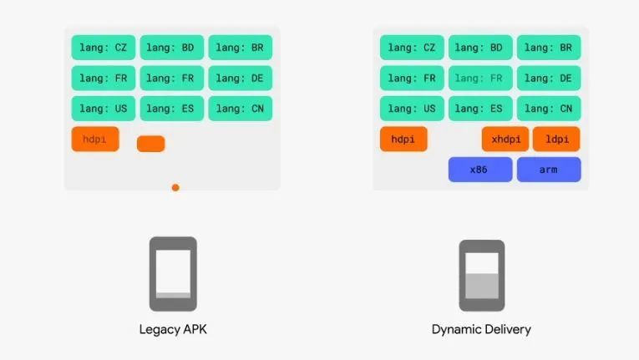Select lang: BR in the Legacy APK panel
point(240,48)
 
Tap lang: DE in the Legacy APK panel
point(240,79)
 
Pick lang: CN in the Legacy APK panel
point(240,109)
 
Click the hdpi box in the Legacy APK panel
point(95,139)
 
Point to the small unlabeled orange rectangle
point(150,144)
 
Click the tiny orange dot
point(175,187)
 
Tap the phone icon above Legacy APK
point(173,273)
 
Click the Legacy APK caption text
point(173,329)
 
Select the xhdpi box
point(505,139)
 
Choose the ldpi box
point(555,139)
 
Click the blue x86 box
point(480,170)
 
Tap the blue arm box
point(548,170)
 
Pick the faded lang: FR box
point(480,79)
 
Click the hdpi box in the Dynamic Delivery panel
point(403,139)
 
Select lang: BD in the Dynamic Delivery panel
point(480,48)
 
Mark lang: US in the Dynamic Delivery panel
point(412,109)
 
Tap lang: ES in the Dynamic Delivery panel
point(480,109)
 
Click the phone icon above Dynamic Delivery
point(481,275)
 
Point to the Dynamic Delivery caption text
point(481,329)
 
